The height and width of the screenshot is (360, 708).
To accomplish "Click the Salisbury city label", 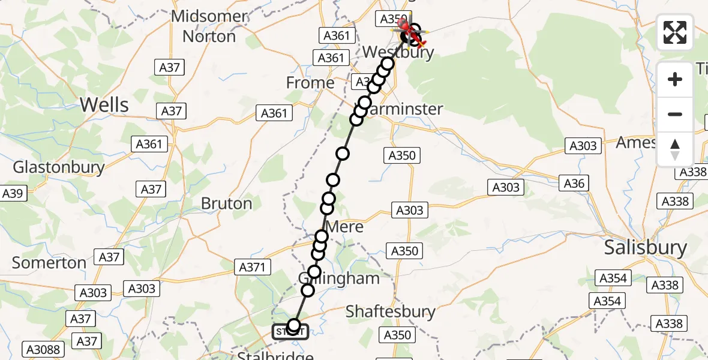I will (645, 247).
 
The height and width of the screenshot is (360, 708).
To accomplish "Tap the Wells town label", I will (104, 105).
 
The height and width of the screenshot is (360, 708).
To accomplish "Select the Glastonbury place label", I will (59, 167).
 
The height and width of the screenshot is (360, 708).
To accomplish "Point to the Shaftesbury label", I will (391, 311).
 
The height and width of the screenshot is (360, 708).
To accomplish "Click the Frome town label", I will (310, 83).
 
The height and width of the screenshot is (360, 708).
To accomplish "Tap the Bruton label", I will (226, 203).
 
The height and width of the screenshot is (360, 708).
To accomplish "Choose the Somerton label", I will (49, 263).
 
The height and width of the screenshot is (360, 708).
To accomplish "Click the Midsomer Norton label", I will (209, 26).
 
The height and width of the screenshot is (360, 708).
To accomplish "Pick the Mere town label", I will (345, 227).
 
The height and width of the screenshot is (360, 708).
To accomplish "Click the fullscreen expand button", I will (675, 32).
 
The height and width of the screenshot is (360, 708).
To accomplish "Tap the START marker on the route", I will (291, 332).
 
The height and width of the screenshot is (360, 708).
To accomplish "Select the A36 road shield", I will (574, 184).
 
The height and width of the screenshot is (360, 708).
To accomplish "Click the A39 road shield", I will (12, 194).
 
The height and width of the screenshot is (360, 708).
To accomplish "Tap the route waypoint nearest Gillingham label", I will (314, 272).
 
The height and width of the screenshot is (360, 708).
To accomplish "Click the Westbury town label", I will (398, 52).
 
